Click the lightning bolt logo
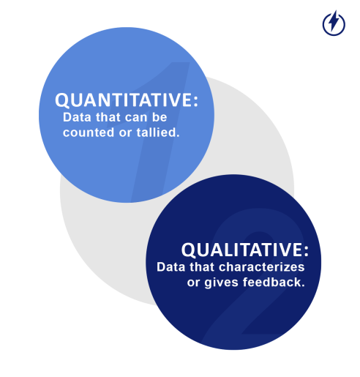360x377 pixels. (x=334, y=23)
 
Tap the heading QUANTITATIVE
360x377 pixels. (x=124, y=101)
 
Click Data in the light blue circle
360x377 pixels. (x=77, y=117)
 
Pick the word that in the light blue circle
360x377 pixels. (x=110, y=117)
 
